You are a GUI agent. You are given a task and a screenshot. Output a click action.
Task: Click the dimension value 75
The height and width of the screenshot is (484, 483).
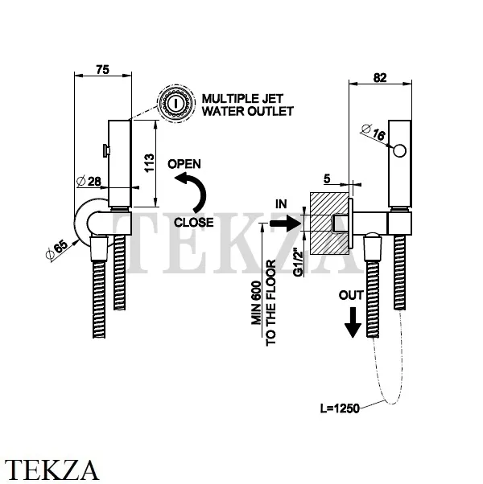(x=102, y=70)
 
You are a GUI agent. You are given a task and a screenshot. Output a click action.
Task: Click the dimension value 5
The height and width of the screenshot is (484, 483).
(x=326, y=178)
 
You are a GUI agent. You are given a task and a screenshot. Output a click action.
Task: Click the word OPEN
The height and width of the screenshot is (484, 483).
(x=184, y=164)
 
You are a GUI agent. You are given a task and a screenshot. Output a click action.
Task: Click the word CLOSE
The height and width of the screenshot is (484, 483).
(x=192, y=223)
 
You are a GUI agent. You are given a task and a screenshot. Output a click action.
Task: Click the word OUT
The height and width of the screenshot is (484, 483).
(x=351, y=295)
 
